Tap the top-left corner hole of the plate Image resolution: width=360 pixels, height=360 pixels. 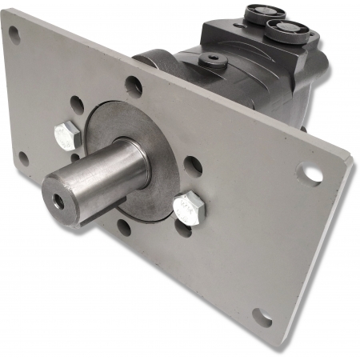click(14, 33)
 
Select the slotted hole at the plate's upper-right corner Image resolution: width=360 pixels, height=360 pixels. click(310, 171)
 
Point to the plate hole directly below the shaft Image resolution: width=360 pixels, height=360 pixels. click(124, 226)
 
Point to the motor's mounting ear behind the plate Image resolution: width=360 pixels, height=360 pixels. click(152, 60)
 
